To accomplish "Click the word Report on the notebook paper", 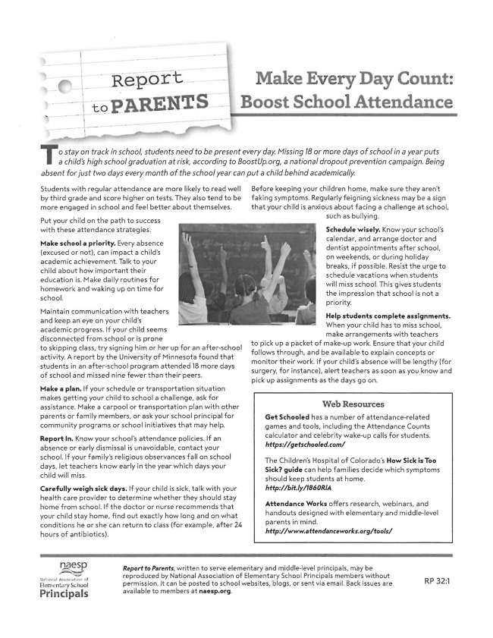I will (x=147, y=78).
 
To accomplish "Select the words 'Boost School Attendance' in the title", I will (x=346, y=102).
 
